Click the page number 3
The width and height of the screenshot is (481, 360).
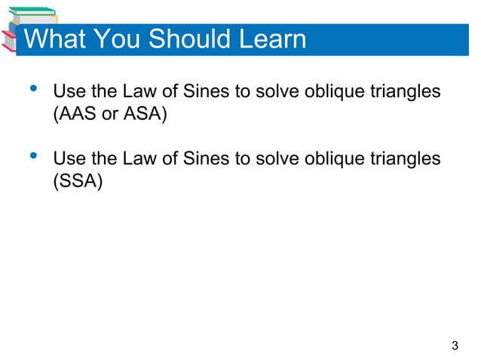[x=454, y=346]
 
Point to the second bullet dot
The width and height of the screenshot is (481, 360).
[x=32, y=156]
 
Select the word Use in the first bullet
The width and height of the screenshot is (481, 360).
[x=68, y=93]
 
